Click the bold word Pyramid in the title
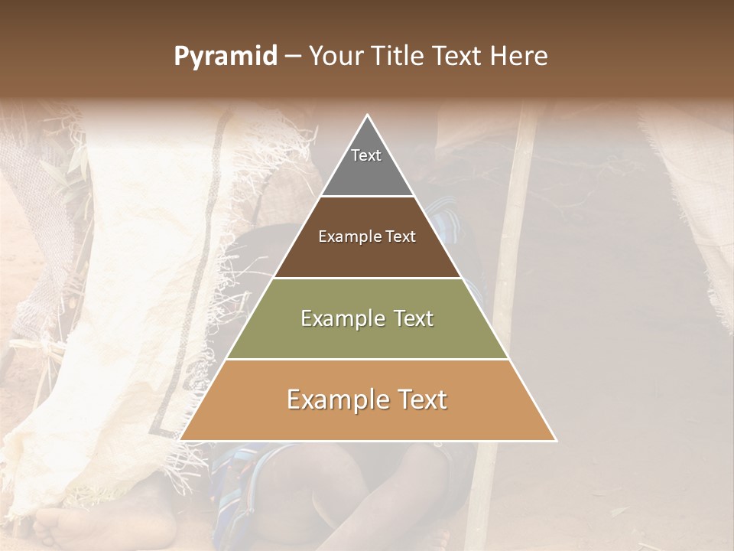[x=225, y=57]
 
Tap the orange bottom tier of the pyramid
[x=367, y=421]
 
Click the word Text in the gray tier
[x=366, y=155]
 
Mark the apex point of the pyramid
[x=368, y=116]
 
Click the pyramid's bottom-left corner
[x=181, y=439]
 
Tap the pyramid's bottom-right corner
[x=555, y=439]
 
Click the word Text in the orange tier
[x=417, y=399]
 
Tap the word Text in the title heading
[x=457, y=57]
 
